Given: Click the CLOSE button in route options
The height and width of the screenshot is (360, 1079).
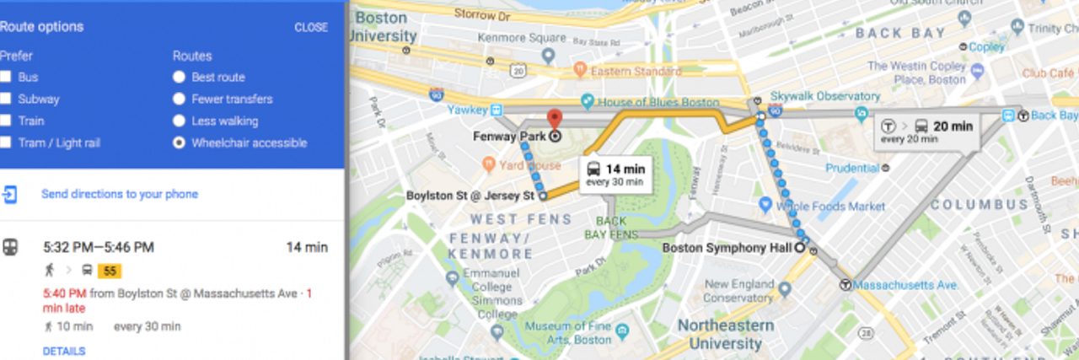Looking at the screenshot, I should coord(310,27).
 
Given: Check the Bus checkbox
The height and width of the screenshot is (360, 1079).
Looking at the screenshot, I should coord(6,78).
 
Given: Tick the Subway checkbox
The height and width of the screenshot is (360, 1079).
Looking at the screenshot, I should coord(6,99).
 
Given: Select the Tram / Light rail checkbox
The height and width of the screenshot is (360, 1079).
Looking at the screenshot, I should coord(6,143).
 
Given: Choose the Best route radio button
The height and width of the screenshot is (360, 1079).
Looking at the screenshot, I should coord(179,78).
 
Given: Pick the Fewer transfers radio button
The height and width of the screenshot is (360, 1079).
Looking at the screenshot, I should coord(179,99).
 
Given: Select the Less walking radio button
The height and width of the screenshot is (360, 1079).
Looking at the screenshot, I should coord(179,121).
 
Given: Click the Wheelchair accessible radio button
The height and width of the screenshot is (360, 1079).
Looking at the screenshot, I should coord(179,143).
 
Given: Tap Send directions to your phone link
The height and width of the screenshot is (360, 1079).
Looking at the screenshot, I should coord(120,194).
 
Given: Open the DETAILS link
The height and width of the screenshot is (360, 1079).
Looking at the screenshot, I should coord(64,351).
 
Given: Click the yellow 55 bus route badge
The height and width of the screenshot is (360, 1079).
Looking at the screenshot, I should coord(110,271).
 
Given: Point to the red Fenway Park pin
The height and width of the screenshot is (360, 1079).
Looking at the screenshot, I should coord(554,120).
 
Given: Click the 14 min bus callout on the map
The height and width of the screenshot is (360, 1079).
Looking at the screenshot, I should coord(615,174).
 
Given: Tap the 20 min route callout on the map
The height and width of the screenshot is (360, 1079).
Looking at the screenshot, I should coord(926,131).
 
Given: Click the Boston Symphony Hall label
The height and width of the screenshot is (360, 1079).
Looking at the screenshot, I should coord(727,248).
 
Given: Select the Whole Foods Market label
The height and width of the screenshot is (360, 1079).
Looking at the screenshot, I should coord(831,206).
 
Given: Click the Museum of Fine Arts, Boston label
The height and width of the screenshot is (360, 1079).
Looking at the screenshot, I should coord(568,332).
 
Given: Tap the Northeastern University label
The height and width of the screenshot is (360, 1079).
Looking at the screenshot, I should coord(725,335).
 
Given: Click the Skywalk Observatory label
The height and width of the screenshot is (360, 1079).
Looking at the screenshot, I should coord(829,97).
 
